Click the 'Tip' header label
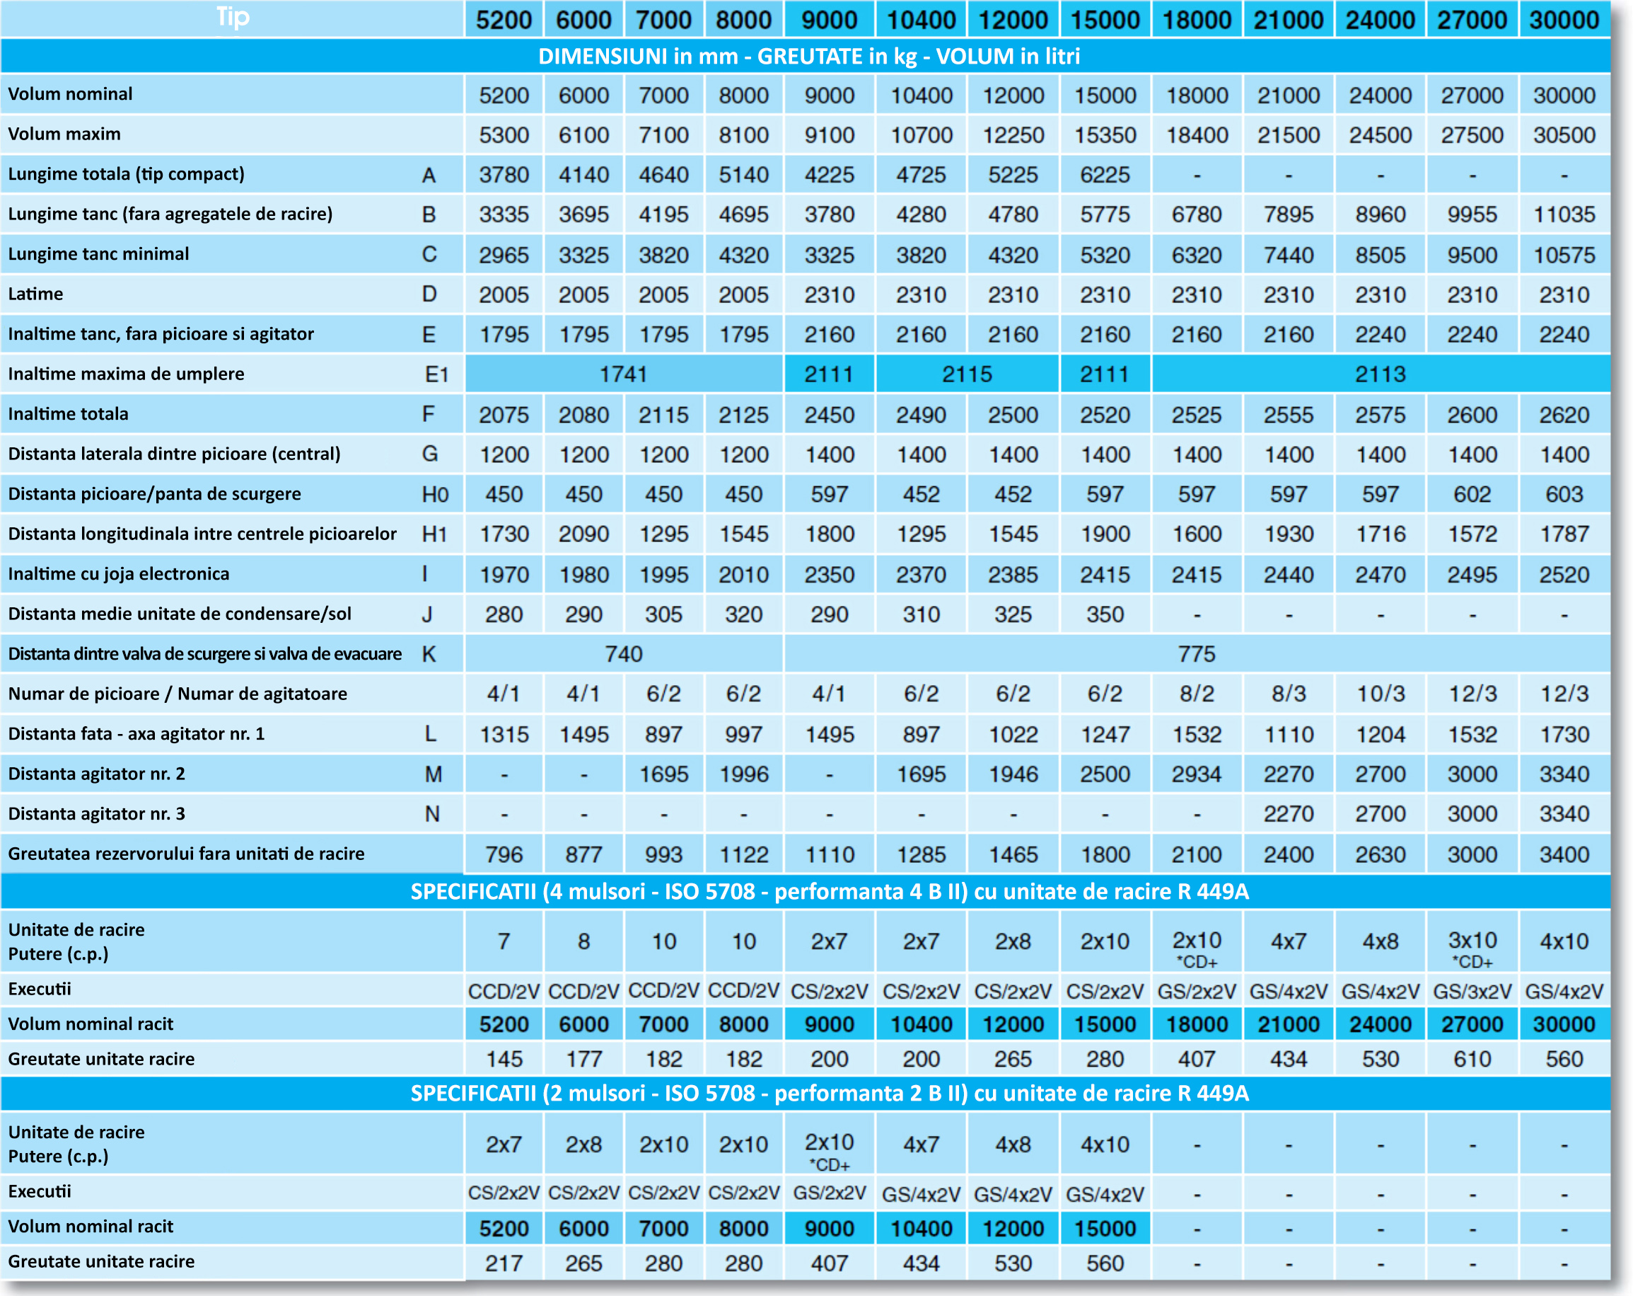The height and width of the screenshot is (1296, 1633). (233, 17)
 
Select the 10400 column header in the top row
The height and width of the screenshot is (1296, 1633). (921, 20)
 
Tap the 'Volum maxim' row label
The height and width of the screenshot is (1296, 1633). (64, 134)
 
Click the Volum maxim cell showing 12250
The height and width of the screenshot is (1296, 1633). (1013, 135)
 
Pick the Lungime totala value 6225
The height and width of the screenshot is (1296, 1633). (1105, 175)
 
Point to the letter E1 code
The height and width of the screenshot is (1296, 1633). (436, 374)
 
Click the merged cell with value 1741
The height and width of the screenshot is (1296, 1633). (623, 374)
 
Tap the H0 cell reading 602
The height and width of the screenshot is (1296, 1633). (1472, 494)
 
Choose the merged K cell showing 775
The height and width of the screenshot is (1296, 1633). (1197, 654)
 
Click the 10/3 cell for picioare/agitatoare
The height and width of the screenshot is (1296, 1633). (1380, 694)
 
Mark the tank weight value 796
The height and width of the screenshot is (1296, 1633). (504, 855)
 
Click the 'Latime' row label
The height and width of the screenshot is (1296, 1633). (35, 294)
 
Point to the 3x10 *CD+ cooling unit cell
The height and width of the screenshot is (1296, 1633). (1472, 949)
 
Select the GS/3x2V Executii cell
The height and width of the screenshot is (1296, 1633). (1472, 992)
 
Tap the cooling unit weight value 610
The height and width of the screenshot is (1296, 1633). (1472, 1059)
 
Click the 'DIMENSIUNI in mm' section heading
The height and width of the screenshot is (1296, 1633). (638, 57)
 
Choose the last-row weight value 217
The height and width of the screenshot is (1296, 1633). (504, 1263)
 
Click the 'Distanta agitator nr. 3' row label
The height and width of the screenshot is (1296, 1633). (96, 814)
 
